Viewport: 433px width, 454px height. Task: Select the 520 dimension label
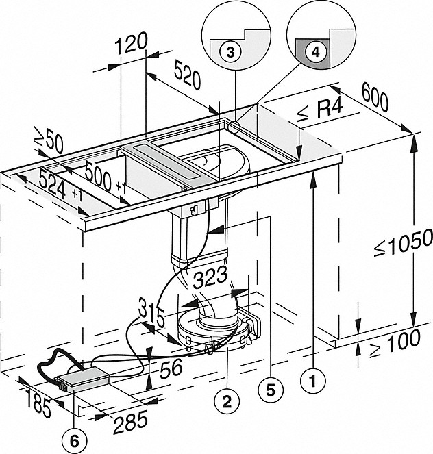187,77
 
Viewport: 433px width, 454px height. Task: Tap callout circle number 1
312,377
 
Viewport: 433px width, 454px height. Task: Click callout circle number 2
227,396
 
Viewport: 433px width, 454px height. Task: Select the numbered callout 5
269,389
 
